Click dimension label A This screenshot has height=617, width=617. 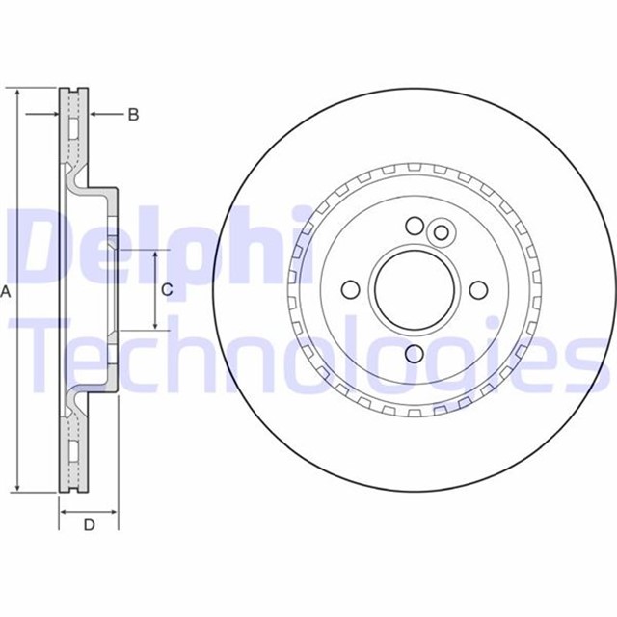click(x=6, y=291)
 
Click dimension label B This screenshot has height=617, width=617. click(x=133, y=115)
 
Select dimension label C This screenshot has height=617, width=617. click(x=167, y=289)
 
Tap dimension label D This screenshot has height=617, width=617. click(x=90, y=524)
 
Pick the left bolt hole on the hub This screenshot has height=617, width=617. click(x=350, y=290)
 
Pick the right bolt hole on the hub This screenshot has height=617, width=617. click(x=478, y=290)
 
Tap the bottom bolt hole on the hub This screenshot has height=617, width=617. click(x=415, y=354)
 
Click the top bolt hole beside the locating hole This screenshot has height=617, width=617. click(x=415, y=226)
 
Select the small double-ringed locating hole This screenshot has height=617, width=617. click(x=441, y=232)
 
